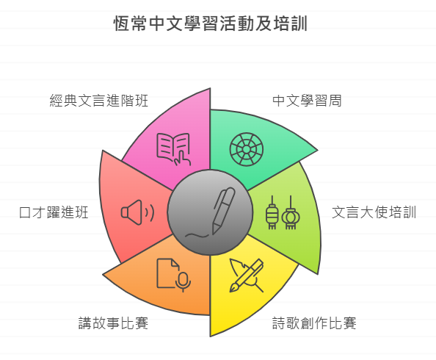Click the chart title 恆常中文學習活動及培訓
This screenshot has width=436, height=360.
tap(211, 24)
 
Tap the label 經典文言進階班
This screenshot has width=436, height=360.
tap(98, 101)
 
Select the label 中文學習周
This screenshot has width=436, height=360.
tap(307, 101)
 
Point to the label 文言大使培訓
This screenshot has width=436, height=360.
tap(374, 212)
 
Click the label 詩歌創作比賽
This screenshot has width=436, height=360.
tap(314, 323)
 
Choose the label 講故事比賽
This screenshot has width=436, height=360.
tap(113, 323)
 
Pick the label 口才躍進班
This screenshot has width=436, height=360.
tap(54, 212)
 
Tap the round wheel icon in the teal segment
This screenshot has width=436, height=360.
tap(247, 149)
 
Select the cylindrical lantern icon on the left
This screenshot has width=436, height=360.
tap(272, 212)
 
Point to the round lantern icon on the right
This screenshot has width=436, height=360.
tap(291, 212)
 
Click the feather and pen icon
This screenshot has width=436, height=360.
tap(247, 276)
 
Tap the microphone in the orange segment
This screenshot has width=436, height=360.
tap(183, 281)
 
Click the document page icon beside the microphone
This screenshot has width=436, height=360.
tap(167, 273)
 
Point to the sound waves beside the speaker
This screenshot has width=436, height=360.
tap(149, 212)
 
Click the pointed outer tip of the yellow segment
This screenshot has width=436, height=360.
tap(210, 336)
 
